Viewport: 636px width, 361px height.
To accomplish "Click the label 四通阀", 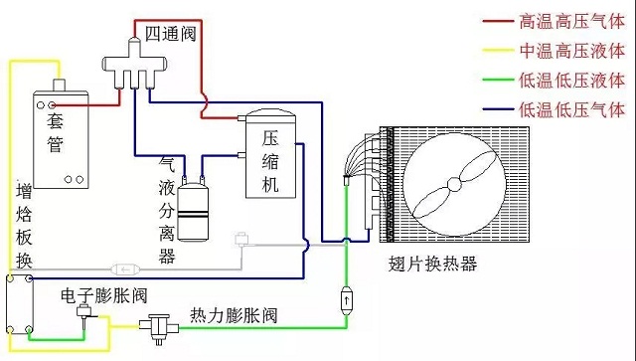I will pyautogui.click(x=169, y=33).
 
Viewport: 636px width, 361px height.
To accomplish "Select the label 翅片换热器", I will pyautogui.click(x=433, y=265).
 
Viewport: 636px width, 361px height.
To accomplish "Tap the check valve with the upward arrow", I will pyautogui.click(x=345, y=297).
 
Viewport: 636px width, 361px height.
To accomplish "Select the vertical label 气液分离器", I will pyautogui.click(x=166, y=208).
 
